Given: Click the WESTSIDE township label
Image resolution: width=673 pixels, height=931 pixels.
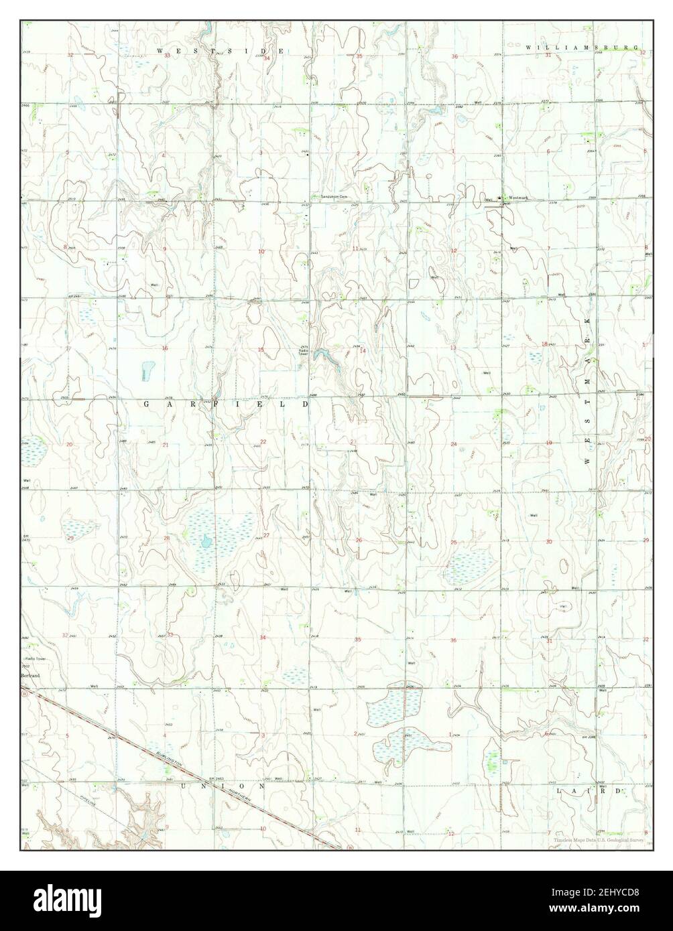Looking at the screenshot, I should tap(221, 51).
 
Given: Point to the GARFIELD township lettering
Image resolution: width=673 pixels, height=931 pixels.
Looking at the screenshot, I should tap(226, 405).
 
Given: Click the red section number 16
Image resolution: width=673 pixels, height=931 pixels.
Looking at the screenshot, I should tap(165, 348).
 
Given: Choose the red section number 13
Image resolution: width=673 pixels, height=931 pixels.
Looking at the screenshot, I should tap(453, 348).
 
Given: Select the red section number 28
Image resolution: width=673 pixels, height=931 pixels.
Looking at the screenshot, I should tap(167, 539).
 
